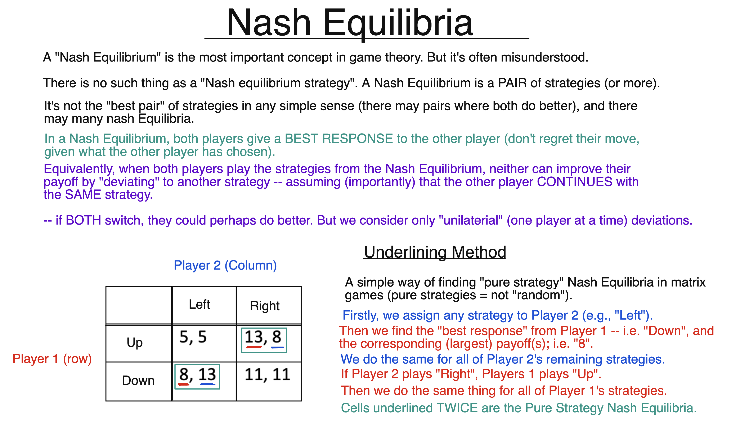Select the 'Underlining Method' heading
(x=435, y=252)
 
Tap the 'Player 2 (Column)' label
(x=225, y=265)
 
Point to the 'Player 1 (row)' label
(x=52, y=359)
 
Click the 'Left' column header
(x=199, y=304)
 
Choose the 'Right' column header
(x=265, y=306)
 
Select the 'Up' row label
(x=135, y=343)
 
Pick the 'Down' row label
(x=138, y=380)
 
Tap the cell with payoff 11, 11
(x=267, y=374)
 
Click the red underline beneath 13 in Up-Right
(x=254, y=347)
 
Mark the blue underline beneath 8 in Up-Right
(x=277, y=347)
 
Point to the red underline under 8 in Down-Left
(x=184, y=385)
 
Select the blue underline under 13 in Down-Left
(x=207, y=384)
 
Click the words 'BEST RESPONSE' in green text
(x=338, y=139)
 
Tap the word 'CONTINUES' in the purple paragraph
(x=575, y=182)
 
